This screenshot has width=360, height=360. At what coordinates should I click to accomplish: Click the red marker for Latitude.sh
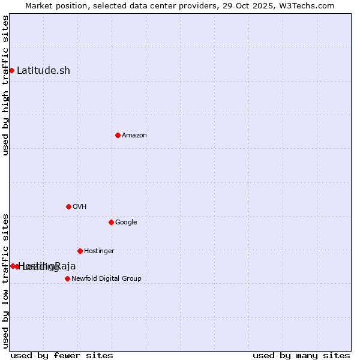(11, 71)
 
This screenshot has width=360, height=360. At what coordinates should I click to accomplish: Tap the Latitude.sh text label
(43, 71)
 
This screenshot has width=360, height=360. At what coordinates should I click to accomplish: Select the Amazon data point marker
(118, 135)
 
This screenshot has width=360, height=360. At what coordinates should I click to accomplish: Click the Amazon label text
(134, 136)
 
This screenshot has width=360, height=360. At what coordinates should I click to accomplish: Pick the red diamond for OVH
(68, 206)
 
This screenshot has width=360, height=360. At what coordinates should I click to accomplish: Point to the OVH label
(80, 207)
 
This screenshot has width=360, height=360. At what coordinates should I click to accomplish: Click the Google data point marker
(111, 222)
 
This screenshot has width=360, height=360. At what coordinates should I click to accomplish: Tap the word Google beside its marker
(126, 223)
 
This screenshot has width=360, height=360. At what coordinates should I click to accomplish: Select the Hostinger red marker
(80, 251)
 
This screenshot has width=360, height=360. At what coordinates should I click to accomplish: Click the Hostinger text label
(99, 251)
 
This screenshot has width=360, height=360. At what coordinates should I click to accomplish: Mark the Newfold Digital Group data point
(67, 278)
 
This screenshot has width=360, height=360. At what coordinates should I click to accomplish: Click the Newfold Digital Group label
(106, 279)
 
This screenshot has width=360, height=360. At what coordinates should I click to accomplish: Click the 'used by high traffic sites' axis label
(5, 85)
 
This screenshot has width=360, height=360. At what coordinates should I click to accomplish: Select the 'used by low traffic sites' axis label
(5, 280)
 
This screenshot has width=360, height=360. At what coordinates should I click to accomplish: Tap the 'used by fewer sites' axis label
(62, 355)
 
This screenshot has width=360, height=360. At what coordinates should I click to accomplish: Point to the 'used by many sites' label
(301, 355)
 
